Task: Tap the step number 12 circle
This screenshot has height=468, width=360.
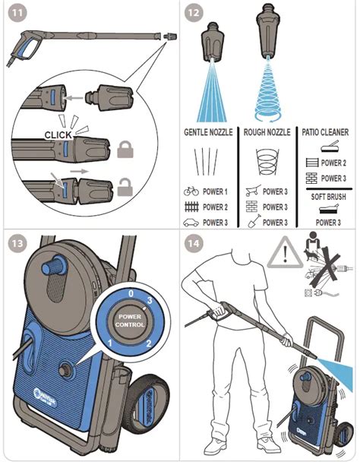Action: pos(195,14)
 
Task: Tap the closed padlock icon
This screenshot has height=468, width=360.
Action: pos(126,148)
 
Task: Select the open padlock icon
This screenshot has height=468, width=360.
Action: pos(126,185)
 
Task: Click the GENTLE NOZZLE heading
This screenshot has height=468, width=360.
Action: pos(210,131)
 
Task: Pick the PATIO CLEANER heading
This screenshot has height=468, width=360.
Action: pos(327,131)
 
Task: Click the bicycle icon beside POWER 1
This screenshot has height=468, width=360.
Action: pos(191,192)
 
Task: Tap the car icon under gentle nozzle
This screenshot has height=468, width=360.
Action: pos(191,222)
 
